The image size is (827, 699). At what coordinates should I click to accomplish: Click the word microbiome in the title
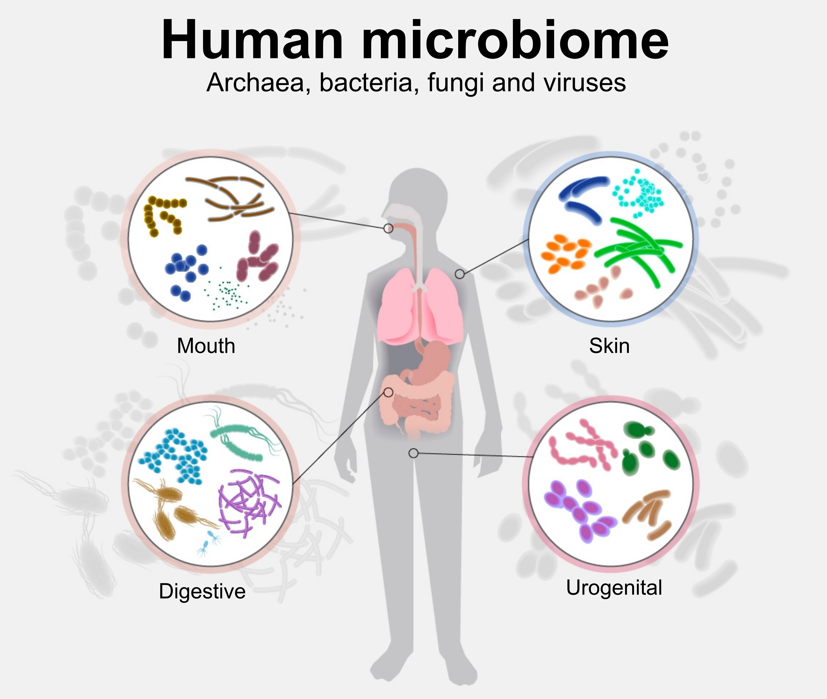pyautogui.click(x=515, y=41)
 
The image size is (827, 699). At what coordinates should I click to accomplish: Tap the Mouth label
pyautogui.click(x=206, y=346)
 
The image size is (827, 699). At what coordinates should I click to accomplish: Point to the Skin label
pyautogui.click(x=609, y=346)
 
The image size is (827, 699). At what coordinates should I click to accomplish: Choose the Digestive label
pyautogui.click(x=202, y=592)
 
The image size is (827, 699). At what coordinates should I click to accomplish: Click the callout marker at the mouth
pyautogui.click(x=388, y=228)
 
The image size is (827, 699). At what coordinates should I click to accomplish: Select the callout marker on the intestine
pyautogui.click(x=388, y=392)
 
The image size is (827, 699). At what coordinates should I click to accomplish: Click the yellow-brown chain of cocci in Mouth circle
pyautogui.click(x=163, y=214)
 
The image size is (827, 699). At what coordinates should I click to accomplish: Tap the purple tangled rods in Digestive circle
pyautogui.click(x=248, y=501)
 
